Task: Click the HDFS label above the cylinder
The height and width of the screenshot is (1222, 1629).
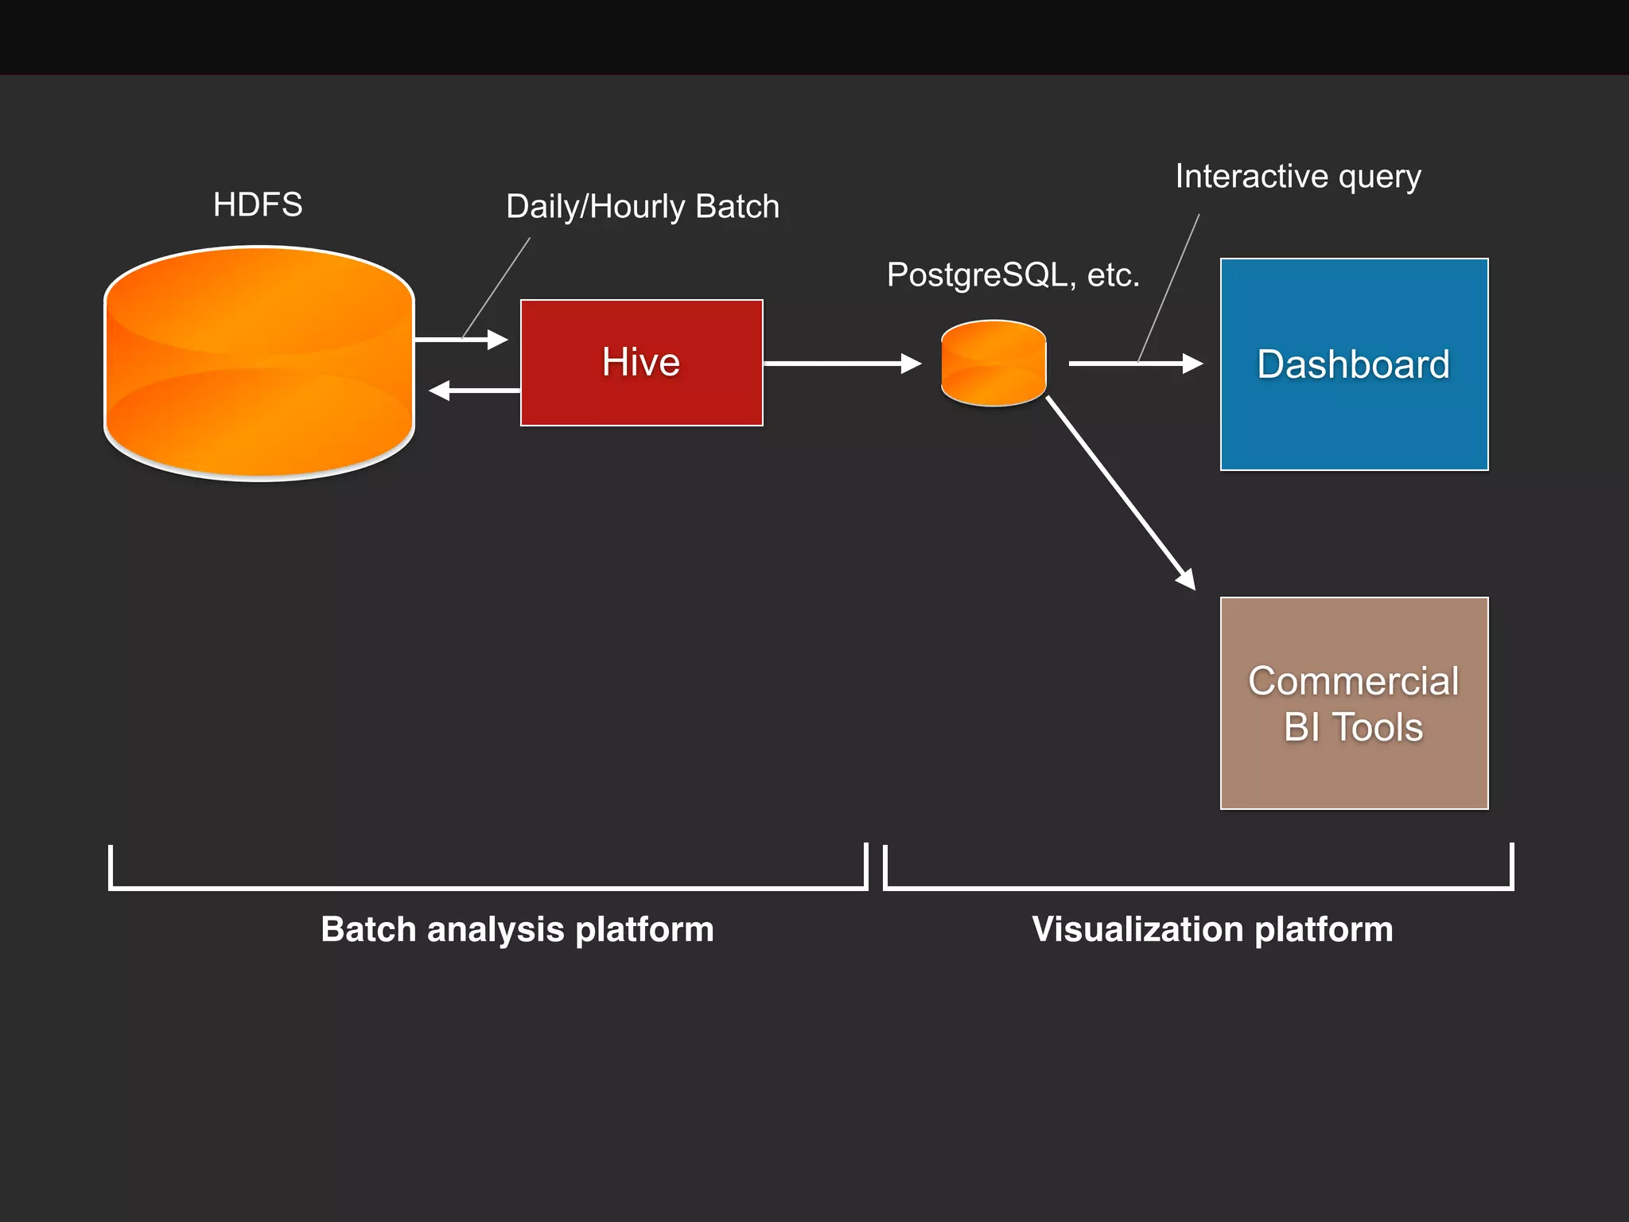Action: pyautogui.click(x=258, y=205)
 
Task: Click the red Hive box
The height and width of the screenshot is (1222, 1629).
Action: pyautogui.click(x=641, y=363)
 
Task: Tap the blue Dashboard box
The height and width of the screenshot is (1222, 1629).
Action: pyautogui.click(x=1354, y=364)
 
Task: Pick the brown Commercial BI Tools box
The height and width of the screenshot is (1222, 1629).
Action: pyautogui.click(x=1354, y=703)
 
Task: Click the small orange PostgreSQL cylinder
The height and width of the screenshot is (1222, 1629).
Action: pyautogui.click(x=993, y=364)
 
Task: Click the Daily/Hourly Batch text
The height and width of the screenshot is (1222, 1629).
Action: pyautogui.click(x=643, y=207)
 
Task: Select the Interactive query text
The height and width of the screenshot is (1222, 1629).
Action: pyautogui.click(x=1298, y=177)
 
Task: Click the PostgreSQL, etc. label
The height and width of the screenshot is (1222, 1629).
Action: pyautogui.click(x=1013, y=275)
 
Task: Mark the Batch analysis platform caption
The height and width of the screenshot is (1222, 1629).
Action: pyautogui.click(x=517, y=929)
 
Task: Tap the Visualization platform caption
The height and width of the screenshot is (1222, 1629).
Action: pyautogui.click(x=1212, y=929)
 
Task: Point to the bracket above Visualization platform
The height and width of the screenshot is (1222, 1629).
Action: pyautogui.click(x=1198, y=887)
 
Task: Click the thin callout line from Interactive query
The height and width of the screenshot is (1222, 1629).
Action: pyautogui.click(x=1169, y=286)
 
